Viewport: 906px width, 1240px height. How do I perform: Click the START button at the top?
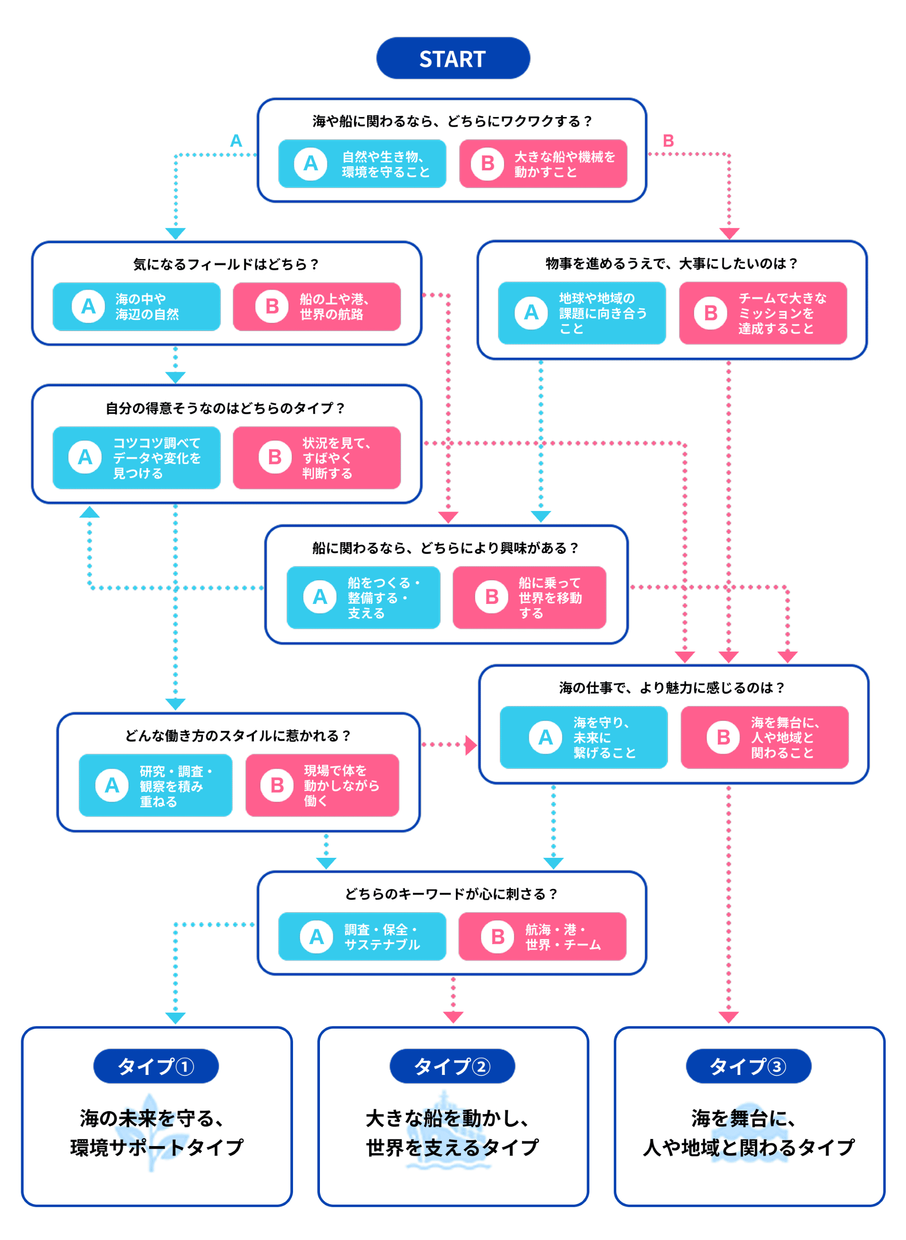tap(453, 58)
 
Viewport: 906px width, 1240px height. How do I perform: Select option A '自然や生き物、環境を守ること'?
tap(362, 163)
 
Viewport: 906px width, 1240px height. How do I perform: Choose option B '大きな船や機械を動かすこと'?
tap(543, 163)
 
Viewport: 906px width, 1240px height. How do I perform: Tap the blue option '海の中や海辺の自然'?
tap(136, 307)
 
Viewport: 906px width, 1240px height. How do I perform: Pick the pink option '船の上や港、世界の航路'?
tap(317, 307)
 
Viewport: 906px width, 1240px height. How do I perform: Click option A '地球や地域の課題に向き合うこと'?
tap(582, 313)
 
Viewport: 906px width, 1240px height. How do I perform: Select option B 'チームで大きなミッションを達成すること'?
tap(763, 313)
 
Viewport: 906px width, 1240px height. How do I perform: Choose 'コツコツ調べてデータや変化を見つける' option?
tap(136, 457)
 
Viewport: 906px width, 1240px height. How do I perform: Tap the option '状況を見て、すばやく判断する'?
tap(317, 457)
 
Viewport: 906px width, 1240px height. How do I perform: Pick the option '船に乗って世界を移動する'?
tap(529, 597)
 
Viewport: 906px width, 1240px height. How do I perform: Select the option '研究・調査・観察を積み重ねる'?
tap(156, 785)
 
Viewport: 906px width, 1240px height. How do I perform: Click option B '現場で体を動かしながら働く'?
tap(322, 785)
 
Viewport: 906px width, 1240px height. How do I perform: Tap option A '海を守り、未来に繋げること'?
tap(584, 737)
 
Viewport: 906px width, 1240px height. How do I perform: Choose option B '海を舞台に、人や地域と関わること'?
tap(764, 737)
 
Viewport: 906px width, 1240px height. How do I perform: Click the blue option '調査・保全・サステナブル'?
tap(362, 936)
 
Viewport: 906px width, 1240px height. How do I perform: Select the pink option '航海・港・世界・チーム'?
tap(542, 936)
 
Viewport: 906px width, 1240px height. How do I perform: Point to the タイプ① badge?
tap(156, 1066)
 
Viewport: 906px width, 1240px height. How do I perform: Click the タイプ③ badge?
tap(748, 1066)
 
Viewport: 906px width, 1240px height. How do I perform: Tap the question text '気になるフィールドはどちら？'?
tap(226, 264)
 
